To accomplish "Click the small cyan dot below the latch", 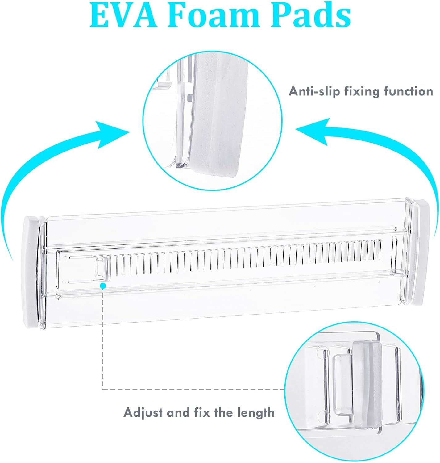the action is [103, 286].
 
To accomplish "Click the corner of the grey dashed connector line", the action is [103, 389].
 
